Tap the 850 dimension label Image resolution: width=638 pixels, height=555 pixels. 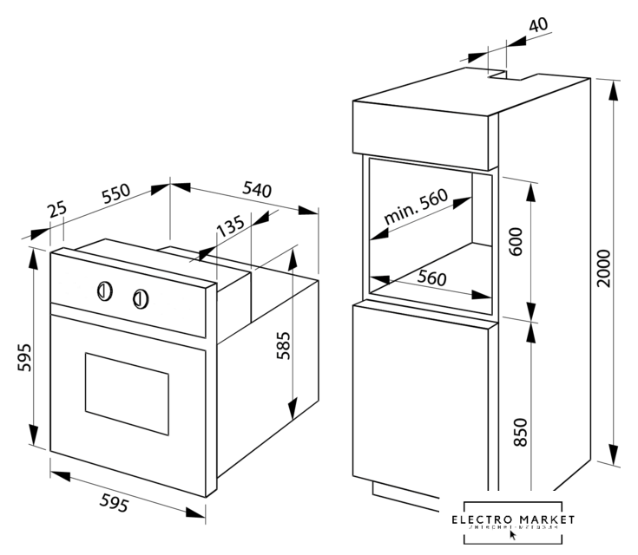(520, 432)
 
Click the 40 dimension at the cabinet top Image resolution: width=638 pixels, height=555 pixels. (538, 24)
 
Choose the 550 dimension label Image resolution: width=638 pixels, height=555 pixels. (115, 195)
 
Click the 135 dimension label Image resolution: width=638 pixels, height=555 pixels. (229, 227)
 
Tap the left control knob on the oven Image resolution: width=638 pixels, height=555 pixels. (103, 291)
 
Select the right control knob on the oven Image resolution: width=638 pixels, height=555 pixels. (140, 299)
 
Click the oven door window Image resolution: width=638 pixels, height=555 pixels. (126, 393)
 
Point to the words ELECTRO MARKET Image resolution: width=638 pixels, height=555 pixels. (513, 519)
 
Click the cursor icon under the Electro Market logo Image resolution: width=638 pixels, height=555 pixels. (514, 535)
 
